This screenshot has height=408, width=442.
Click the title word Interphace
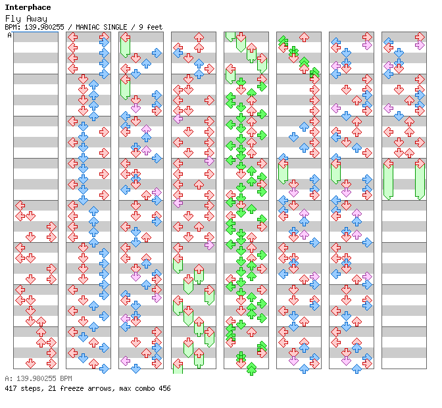(x=28, y=7)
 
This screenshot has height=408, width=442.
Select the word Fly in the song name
(x=13, y=19)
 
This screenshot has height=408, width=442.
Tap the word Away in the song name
(x=37, y=19)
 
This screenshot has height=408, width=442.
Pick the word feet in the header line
(x=155, y=27)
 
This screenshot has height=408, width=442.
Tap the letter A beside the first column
(x=10, y=36)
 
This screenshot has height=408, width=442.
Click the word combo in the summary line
(x=145, y=388)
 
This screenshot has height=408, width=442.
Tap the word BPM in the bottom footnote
(x=66, y=378)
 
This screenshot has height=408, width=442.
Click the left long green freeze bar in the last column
(x=389, y=180)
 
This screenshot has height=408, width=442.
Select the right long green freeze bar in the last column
(x=420, y=180)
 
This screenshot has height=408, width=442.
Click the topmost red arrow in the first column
(x=20, y=205)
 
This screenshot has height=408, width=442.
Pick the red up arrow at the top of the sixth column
(x=304, y=37)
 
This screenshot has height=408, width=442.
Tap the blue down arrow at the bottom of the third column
(x=135, y=369)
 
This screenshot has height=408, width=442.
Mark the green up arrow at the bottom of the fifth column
(x=251, y=369)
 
